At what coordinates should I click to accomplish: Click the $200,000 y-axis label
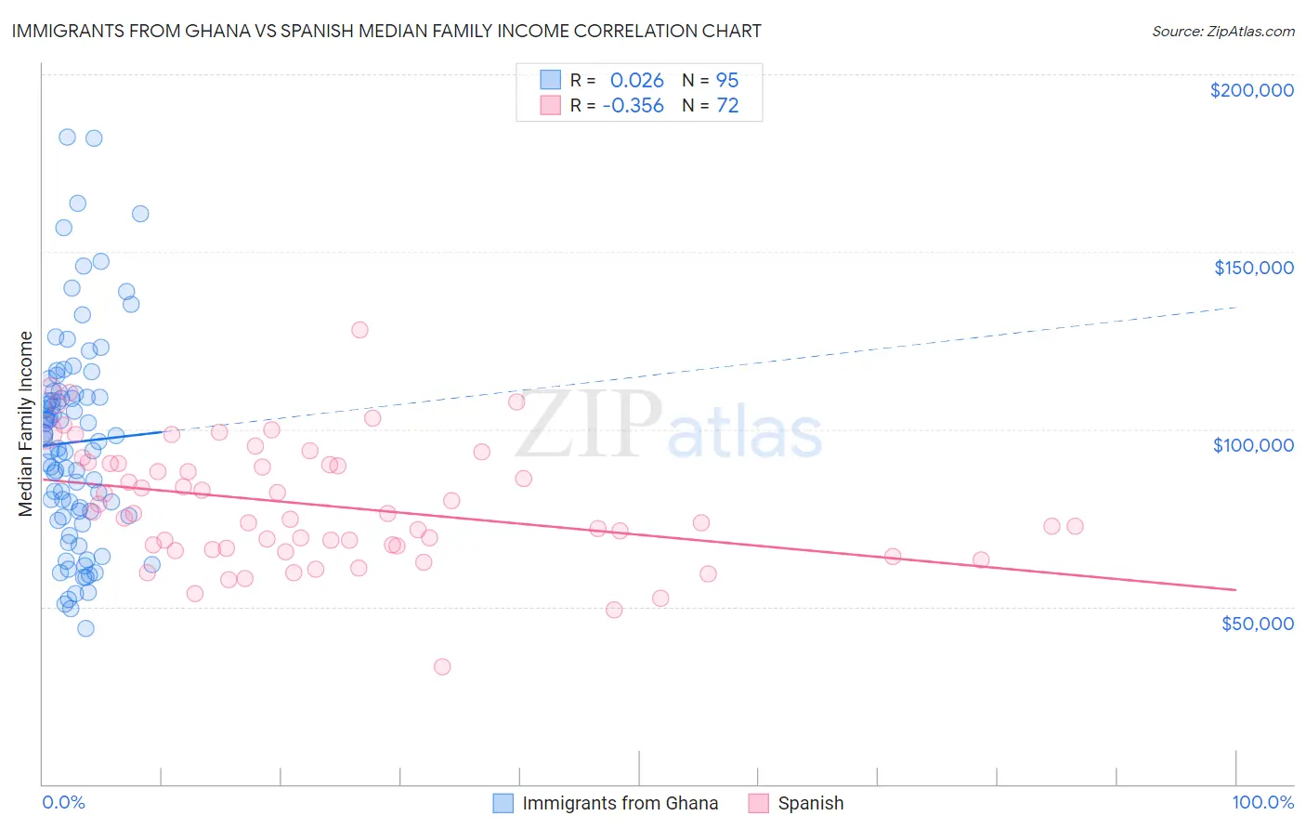(1251, 90)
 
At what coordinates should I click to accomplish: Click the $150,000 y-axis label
(1253, 268)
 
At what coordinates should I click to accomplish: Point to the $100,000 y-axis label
(1253, 445)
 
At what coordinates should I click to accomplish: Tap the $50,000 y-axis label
(1257, 623)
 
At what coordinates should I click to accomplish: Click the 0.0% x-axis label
(63, 802)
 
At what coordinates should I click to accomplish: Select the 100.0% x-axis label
(1262, 802)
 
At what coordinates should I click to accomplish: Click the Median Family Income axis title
(26, 423)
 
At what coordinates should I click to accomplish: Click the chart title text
(386, 31)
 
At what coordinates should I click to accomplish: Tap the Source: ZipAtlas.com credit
(1222, 32)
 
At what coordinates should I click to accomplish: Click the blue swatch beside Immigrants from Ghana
(503, 803)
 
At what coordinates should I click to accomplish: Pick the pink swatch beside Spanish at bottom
(758, 803)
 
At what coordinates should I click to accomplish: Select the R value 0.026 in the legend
(636, 81)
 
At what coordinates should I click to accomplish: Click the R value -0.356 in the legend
(633, 106)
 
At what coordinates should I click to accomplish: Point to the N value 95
(727, 81)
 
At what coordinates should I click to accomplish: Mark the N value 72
(727, 106)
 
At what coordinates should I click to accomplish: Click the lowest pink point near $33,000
(442, 666)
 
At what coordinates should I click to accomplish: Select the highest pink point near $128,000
(359, 330)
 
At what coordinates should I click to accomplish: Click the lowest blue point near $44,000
(85, 628)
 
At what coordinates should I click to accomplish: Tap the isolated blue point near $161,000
(140, 214)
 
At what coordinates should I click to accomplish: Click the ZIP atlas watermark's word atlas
(745, 434)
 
